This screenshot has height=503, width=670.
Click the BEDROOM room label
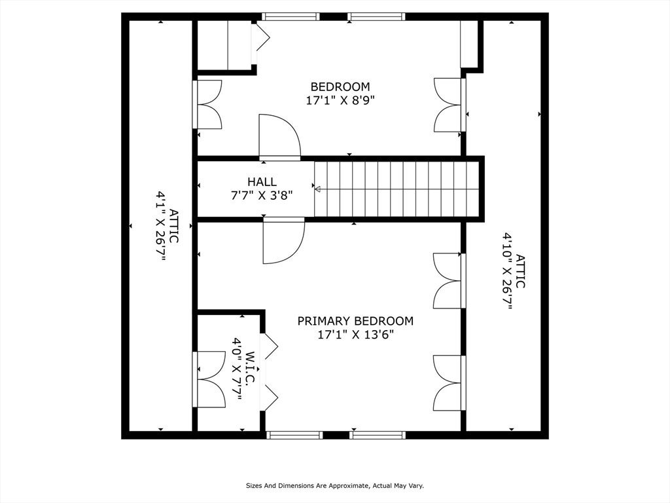340,87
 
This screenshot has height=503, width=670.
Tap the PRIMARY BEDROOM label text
355,321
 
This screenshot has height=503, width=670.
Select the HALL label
262,182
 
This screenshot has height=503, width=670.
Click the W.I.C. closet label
251,369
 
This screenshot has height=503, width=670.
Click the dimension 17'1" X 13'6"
355,335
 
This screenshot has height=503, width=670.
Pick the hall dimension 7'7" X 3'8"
262,195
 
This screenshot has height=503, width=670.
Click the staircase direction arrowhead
317,189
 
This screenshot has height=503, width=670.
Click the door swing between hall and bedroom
279,137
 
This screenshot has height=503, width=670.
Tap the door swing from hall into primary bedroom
284,240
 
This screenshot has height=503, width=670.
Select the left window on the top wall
291,16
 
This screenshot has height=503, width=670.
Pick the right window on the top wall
376,16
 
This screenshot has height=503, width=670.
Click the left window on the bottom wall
295,435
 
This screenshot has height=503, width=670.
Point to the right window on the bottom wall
378,435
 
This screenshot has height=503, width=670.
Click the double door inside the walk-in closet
209,379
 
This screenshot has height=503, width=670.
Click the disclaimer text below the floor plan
335,486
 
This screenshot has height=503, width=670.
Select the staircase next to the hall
397,189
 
